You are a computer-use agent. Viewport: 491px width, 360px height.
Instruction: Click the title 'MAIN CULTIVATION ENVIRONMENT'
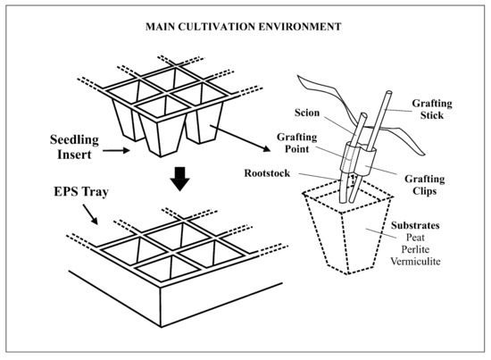coord(244,27)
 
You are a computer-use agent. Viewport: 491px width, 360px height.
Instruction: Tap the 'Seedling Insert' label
coord(74,147)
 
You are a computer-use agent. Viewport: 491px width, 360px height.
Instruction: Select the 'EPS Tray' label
coord(81,191)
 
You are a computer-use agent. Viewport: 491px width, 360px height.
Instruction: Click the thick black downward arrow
coord(179,179)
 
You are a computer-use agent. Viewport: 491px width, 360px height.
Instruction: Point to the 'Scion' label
coord(307,113)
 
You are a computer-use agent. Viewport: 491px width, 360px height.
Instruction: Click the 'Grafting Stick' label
coord(432,109)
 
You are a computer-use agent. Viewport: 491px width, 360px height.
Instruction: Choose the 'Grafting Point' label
coord(297,143)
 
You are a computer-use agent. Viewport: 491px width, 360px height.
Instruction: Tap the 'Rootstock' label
coord(267,173)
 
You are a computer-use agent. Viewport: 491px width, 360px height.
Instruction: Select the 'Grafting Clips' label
coord(425,185)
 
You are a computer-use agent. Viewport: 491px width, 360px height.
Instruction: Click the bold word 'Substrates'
coord(415,225)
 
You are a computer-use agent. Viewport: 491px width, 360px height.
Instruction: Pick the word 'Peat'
coord(415,238)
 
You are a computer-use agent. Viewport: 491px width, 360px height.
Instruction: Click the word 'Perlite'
coord(415,249)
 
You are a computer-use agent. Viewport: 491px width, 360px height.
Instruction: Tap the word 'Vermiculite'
coord(415,262)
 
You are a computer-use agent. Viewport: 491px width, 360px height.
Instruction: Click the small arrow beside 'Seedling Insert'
coord(116,151)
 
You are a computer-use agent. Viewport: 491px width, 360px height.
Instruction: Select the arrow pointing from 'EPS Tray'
coord(90,214)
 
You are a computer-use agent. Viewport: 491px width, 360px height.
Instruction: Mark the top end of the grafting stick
coord(389,92)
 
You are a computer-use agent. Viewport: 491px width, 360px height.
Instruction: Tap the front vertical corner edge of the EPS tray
coord(161,307)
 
